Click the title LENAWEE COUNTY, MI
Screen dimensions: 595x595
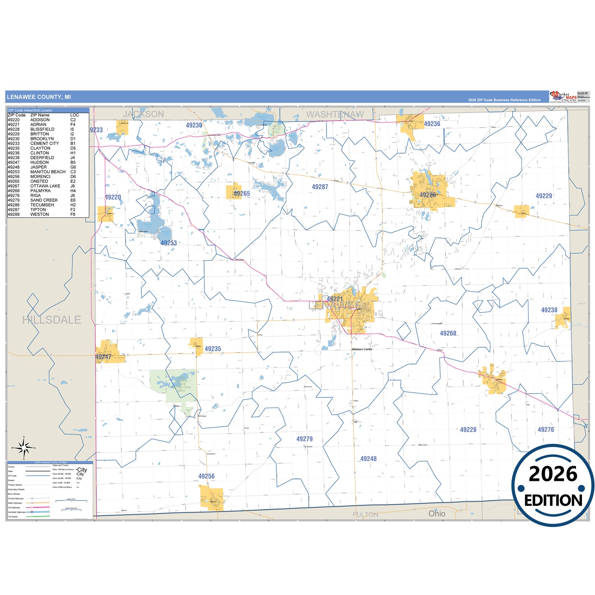coord(39,97)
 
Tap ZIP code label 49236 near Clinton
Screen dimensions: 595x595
coord(432,124)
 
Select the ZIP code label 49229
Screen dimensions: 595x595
coord(544,196)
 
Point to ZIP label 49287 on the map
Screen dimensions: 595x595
coord(320,187)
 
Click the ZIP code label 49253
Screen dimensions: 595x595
coord(168,243)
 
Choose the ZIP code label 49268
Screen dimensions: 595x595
coord(448,334)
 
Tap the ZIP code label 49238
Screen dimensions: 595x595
coord(549,310)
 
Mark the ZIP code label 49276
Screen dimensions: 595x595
coord(546,429)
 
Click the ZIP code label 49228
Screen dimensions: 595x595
coord(468,429)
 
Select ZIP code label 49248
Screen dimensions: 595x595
coord(368,459)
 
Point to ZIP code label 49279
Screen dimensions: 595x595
coord(304,439)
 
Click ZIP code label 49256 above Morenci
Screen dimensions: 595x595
coord(206,476)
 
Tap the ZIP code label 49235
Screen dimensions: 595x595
coord(212,349)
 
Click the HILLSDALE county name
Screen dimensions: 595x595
coord(51,320)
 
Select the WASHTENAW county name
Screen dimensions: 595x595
coord(335,114)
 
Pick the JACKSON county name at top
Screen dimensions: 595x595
coord(143,114)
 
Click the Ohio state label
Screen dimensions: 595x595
coord(436,513)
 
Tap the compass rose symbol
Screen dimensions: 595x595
coord(24,448)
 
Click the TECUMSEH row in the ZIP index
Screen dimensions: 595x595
coord(42,205)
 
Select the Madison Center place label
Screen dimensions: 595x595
coord(362,349)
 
